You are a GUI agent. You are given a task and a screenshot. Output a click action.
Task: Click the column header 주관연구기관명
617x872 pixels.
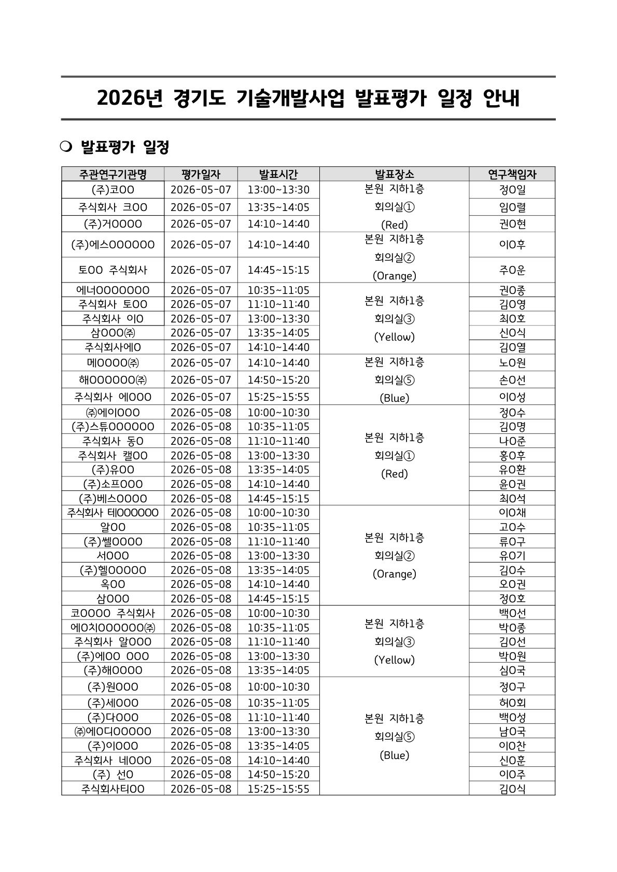pos(113,174)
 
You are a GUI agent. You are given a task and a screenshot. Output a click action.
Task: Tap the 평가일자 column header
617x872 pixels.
pos(201,174)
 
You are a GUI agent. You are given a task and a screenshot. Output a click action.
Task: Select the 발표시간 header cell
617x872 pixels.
pos(278,174)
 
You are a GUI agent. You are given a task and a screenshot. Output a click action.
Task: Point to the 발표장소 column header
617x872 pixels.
pos(394,174)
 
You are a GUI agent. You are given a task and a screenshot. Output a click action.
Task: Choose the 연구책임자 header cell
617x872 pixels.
pos(512,174)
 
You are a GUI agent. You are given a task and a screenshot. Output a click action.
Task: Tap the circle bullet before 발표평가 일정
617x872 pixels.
pos(65,147)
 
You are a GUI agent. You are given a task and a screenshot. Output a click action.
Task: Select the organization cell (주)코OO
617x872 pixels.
pos(113,190)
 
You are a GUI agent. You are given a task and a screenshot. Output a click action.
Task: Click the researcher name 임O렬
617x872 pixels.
pos(512,207)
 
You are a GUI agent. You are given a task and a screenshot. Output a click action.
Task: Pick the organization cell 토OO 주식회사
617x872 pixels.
pos(113,270)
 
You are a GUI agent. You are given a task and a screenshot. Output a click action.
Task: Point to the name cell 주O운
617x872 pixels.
pos(512,270)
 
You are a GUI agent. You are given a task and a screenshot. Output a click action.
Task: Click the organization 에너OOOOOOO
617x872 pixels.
pos(113,290)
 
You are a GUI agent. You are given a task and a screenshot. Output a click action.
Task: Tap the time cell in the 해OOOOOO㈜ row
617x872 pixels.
pos(278,380)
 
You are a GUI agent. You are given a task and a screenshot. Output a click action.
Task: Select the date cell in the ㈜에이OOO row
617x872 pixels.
pos(201,413)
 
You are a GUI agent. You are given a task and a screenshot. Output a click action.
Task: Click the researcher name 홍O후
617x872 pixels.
pos(512,456)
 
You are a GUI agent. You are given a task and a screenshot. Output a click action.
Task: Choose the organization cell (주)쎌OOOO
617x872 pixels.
pos(113,542)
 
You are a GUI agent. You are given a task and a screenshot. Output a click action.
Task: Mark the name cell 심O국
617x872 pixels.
pos(512,670)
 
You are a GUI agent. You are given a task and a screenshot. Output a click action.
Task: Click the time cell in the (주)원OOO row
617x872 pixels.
pos(278,687)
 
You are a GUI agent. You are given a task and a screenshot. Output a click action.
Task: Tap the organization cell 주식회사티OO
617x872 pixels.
pos(113,789)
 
